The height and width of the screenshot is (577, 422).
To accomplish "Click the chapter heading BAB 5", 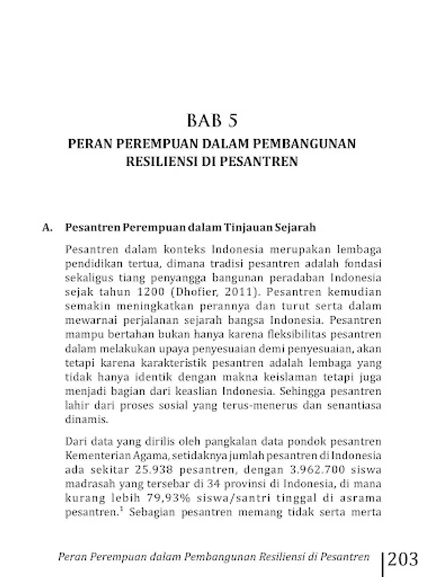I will [x=211, y=121].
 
